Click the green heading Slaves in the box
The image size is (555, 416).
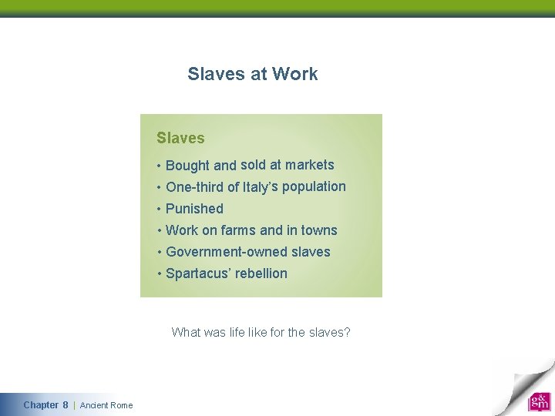tap(180, 139)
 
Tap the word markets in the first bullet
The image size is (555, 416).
tap(310, 165)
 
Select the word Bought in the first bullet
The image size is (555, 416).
tap(187, 166)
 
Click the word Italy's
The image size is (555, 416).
tap(261, 186)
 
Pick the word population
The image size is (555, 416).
tap(314, 186)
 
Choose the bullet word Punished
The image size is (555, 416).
tap(194, 209)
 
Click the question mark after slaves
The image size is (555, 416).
tap(348, 333)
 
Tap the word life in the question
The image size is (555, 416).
tap(237, 333)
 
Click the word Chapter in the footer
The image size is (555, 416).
tap(41, 405)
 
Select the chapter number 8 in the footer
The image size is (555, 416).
tap(66, 405)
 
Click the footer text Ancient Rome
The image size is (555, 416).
tap(106, 405)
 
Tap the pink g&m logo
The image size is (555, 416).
tap(539, 401)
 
